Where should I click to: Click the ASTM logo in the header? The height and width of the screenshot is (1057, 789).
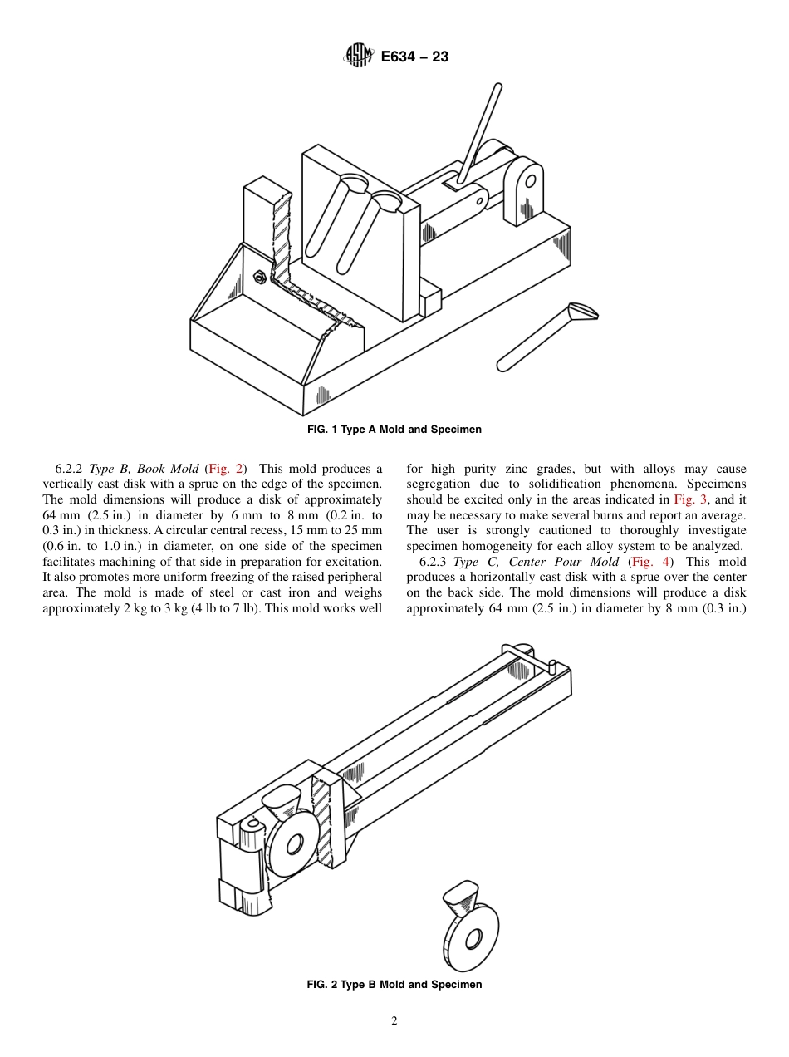(358, 57)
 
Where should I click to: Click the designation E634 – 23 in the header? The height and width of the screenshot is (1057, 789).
(414, 57)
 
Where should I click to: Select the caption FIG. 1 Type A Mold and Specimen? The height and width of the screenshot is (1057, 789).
(394, 430)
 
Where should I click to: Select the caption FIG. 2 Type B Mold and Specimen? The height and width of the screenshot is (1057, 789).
(394, 985)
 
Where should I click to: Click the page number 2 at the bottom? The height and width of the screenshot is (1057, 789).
(394, 1021)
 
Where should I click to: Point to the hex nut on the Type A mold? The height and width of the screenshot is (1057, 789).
(257, 278)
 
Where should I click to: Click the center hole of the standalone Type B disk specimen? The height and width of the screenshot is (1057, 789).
(473, 939)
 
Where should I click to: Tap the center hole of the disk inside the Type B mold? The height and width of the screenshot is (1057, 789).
(293, 845)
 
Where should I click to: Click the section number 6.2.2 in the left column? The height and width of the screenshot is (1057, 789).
(71, 470)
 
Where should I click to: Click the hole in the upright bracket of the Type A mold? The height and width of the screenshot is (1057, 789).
(530, 180)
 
